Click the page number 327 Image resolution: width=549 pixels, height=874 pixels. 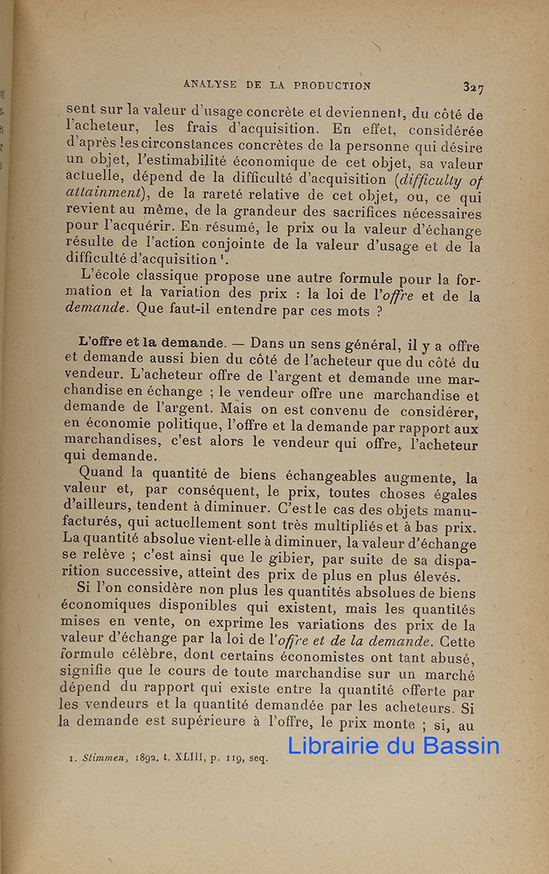(x=473, y=87)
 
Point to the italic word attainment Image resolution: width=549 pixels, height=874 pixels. (x=98, y=197)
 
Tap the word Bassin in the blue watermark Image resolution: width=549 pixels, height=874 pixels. (x=462, y=745)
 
